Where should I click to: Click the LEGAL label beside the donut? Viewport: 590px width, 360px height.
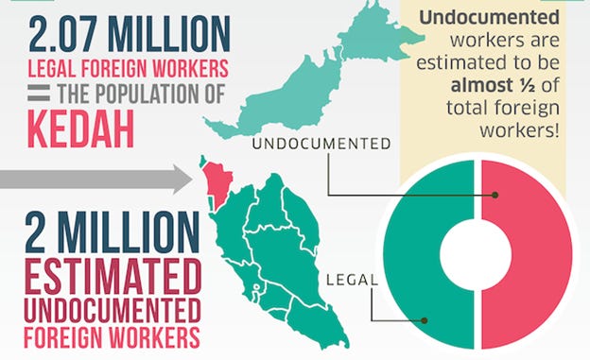[352, 280]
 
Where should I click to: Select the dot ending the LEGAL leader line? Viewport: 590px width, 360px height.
[425, 319]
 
